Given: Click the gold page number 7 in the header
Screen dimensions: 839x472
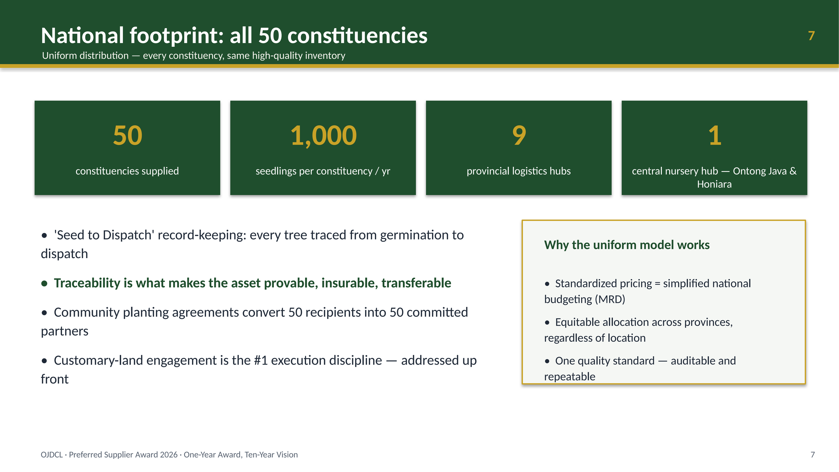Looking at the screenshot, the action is tap(811, 36).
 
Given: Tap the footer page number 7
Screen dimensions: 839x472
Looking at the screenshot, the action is tap(812, 455).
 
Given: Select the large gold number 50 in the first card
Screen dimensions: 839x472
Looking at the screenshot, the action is tap(128, 135).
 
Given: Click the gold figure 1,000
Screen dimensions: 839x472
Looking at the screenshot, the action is tap(323, 136).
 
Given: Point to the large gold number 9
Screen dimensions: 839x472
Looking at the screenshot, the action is tap(519, 135).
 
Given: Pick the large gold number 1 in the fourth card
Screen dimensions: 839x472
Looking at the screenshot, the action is tap(715, 135).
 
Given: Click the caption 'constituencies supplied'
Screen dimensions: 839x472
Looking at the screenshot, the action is tap(127, 171).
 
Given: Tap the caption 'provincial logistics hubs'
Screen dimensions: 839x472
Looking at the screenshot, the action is tap(519, 171).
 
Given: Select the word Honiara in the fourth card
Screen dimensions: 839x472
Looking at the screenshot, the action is tap(714, 184).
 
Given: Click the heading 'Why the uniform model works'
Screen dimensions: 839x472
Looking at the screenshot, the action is tap(627, 245).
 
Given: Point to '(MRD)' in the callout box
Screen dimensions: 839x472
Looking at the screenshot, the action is tap(610, 299).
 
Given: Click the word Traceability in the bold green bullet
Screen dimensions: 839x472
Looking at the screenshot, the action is tap(87, 283).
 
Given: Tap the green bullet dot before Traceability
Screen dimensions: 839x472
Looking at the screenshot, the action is tap(44, 284).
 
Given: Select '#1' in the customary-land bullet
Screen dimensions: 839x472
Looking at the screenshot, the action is tap(261, 360).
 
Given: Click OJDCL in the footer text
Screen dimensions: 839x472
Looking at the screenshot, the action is tap(52, 455).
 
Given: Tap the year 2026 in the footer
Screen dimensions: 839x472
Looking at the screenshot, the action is tap(168, 455).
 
